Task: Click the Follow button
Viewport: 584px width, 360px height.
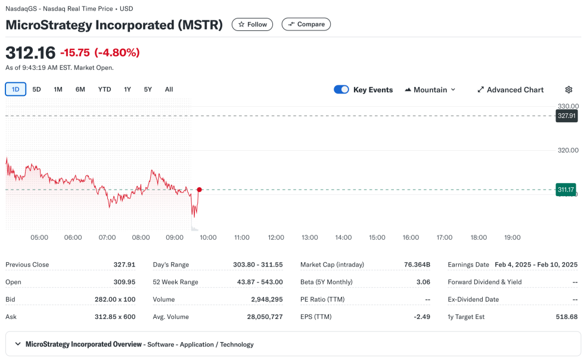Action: point(252,24)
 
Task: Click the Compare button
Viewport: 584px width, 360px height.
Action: point(306,24)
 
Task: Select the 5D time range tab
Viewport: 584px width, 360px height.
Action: point(37,89)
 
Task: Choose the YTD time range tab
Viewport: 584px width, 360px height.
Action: point(104,89)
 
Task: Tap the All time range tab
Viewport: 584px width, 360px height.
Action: point(169,89)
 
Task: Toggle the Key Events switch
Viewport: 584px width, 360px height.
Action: point(341,89)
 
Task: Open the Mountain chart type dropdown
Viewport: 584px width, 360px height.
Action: point(430,89)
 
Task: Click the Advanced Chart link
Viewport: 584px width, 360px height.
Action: point(510,89)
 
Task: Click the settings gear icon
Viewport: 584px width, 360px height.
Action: point(569,89)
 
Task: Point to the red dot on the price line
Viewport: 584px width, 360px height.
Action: point(199,190)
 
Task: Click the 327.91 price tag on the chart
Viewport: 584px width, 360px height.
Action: point(566,116)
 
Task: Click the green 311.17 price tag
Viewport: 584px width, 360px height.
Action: point(566,190)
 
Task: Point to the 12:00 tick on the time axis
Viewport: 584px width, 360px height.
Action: point(276,237)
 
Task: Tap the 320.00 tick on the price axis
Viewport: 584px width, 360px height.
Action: point(568,150)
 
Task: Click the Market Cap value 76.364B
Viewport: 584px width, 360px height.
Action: point(417,265)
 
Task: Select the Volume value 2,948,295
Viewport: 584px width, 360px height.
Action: point(265,299)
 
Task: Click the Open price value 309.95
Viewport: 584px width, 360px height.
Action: point(124,282)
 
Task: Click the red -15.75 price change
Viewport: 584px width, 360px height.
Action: point(74,52)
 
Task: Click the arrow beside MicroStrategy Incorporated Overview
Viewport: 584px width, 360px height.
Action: point(18,344)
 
